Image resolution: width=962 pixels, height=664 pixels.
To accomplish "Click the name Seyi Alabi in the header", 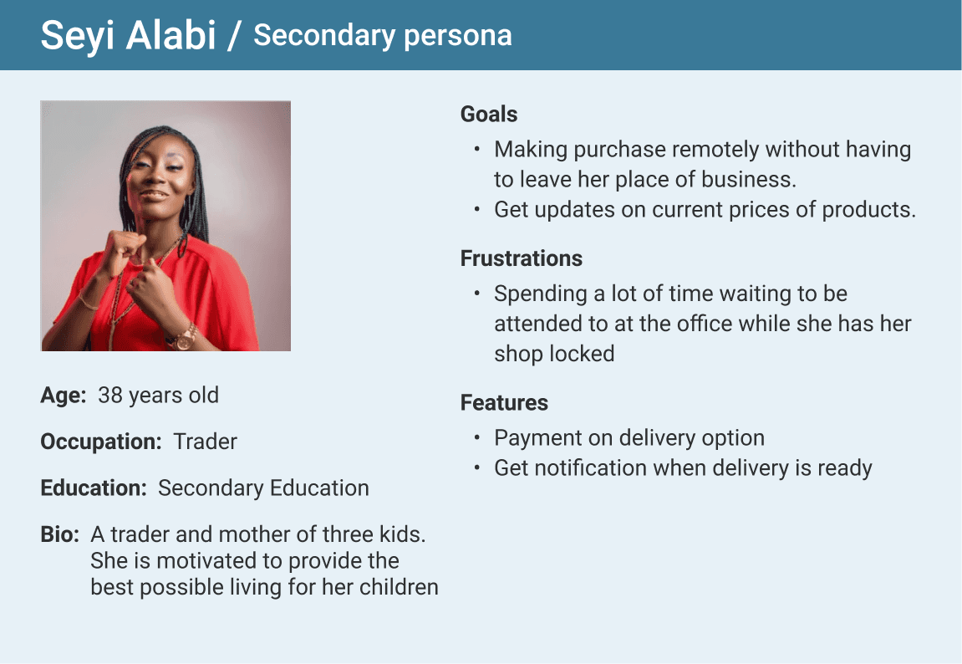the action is [128, 35].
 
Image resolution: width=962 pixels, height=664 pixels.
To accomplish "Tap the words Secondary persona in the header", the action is [383, 36].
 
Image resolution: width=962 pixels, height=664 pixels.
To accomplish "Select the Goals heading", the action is [489, 114].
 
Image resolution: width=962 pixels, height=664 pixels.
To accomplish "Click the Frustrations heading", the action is [522, 258].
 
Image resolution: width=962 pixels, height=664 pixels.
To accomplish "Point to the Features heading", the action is [504, 402].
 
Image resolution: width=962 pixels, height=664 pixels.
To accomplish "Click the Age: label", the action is [64, 396].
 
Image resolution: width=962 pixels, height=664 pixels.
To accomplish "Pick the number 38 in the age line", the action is [110, 396].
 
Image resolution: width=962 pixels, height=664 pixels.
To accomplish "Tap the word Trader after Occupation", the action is [205, 442].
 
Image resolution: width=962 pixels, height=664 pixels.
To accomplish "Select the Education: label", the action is [94, 488].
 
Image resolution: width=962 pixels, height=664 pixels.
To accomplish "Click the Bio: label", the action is [60, 534].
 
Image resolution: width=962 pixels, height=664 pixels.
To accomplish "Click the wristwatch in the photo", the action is [184, 338].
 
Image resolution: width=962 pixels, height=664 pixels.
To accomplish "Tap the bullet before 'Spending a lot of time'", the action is [476, 294].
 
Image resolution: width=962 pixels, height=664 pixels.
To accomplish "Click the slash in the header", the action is [234, 36].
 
